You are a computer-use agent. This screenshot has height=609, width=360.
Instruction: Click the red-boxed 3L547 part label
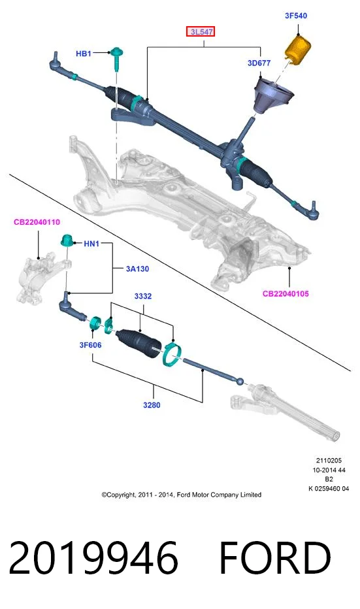(201, 32)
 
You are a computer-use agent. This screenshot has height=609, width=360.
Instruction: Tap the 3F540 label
(296, 16)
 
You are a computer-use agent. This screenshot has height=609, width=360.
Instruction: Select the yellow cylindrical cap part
(298, 49)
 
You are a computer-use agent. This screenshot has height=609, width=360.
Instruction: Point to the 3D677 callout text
(259, 63)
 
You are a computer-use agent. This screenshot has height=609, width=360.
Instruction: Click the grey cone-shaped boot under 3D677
(274, 96)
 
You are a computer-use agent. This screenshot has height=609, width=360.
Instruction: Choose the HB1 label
(84, 54)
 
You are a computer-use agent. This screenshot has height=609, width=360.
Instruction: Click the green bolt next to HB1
(116, 59)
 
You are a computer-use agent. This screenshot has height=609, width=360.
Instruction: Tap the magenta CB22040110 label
(37, 222)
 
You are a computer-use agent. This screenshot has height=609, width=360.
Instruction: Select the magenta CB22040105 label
(286, 293)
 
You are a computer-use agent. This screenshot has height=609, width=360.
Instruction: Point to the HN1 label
(91, 244)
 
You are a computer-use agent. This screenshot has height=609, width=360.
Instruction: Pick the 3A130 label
(137, 269)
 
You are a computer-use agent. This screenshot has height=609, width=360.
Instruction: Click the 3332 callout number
(143, 296)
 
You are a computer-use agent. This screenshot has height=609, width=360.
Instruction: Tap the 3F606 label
(90, 345)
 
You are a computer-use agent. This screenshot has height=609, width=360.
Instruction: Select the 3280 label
(152, 404)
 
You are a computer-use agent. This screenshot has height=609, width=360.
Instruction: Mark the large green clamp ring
(172, 354)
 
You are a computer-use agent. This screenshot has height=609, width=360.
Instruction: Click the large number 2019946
(93, 558)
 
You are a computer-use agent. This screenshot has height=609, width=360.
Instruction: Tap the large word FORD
(275, 558)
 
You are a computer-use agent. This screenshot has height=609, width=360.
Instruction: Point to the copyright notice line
(182, 495)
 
